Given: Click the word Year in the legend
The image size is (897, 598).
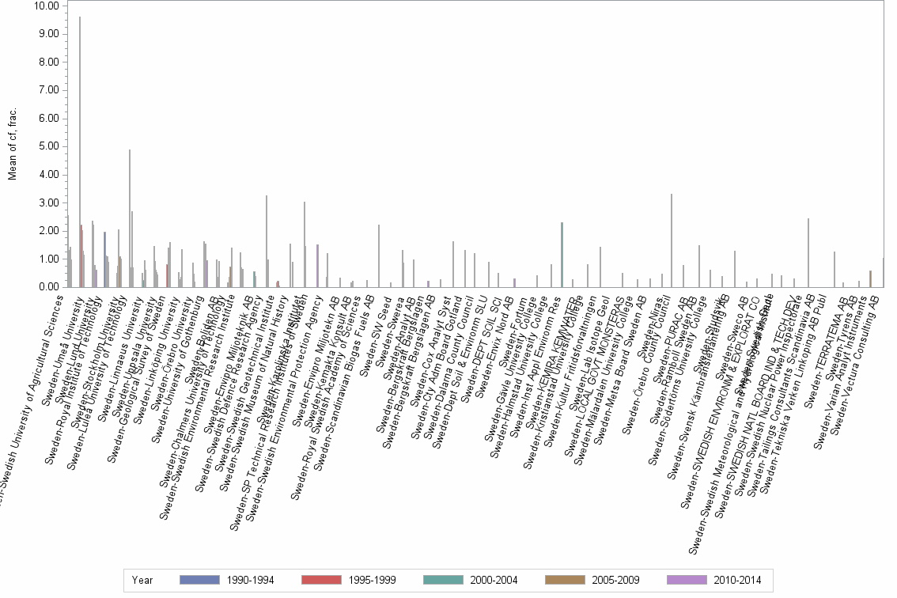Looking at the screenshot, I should click(x=143, y=580).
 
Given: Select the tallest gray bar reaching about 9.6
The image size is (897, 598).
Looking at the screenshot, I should click(x=80, y=150).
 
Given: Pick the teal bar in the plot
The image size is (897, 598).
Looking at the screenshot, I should click(x=562, y=255).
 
